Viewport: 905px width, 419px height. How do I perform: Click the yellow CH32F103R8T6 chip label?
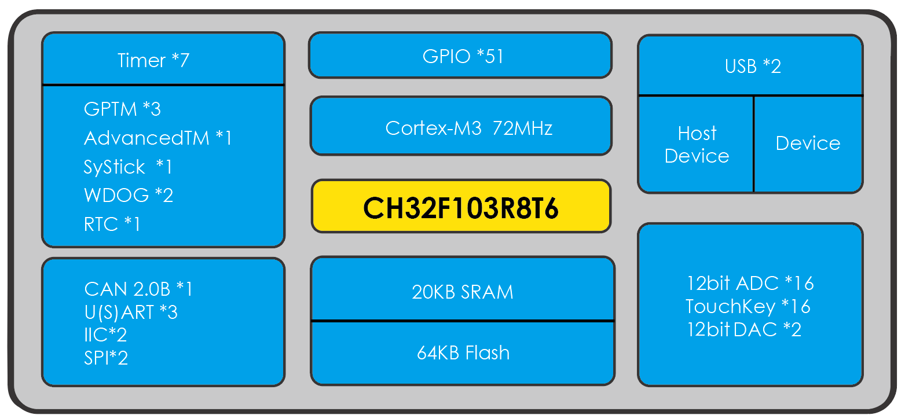coord(461,207)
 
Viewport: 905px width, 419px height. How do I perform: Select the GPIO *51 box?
coord(461,56)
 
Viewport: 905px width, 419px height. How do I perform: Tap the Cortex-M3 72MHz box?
coord(461,127)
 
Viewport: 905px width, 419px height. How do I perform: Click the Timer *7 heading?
coord(153,60)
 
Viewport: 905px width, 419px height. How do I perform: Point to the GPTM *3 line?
coord(122,109)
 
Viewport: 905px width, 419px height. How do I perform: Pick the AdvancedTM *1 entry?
coord(157,138)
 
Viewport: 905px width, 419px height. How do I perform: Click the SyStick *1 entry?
coord(128,167)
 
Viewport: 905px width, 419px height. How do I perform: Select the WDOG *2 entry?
coord(128,195)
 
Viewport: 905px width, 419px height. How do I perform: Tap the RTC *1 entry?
coord(112,224)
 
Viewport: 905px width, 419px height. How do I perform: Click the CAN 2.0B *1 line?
coord(138,289)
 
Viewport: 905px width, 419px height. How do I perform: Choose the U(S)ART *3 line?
coord(131,313)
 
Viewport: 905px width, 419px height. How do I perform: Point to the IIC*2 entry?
coord(105,335)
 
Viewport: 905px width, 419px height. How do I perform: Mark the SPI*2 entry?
coord(106,358)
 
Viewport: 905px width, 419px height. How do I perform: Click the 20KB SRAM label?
coord(462,292)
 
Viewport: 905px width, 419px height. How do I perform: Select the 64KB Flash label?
coord(463,352)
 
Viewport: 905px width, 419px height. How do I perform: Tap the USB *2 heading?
coord(753,66)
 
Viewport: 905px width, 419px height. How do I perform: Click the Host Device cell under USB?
coord(697,145)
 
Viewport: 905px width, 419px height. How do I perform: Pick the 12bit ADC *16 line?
coord(750,283)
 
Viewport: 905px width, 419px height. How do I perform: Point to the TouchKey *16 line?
coord(748,306)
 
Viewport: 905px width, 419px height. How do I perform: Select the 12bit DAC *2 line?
coord(744,329)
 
